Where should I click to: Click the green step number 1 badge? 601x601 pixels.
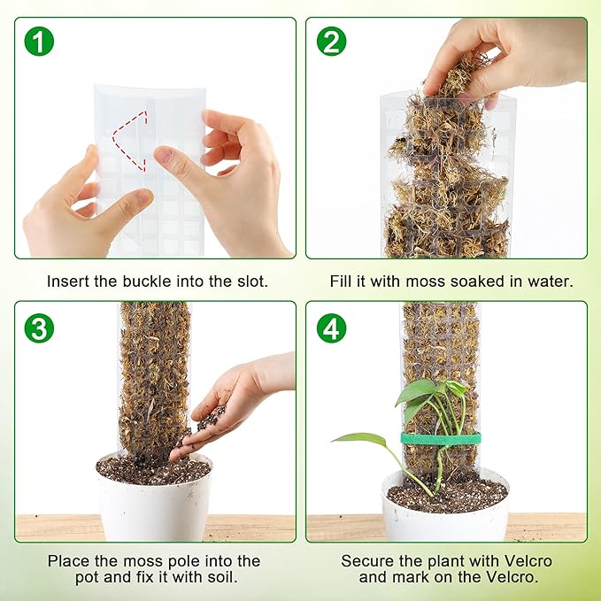tap(38, 41)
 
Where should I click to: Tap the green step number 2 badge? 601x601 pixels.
tap(332, 41)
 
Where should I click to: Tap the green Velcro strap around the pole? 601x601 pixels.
tap(440, 439)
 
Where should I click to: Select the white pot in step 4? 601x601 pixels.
tap(445, 514)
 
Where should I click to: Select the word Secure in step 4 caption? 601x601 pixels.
tap(366, 561)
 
